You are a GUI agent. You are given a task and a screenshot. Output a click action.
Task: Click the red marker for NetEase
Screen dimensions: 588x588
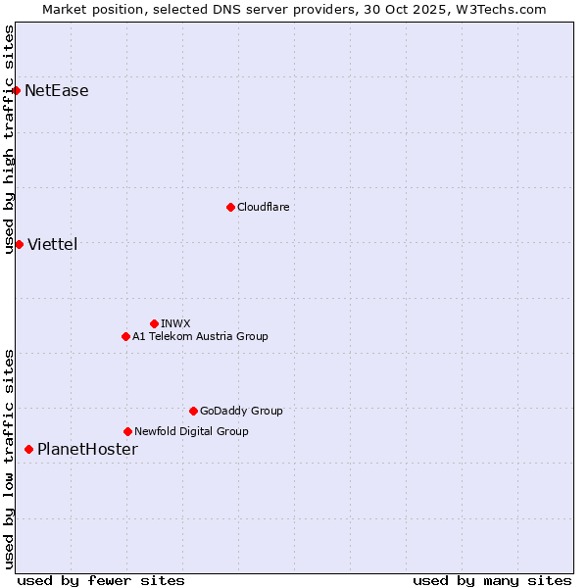click(x=16, y=91)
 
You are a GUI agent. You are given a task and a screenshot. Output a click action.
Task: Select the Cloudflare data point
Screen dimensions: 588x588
click(x=230, y=207)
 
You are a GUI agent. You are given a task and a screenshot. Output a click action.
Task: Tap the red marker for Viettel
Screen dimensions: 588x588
click(x=19, y=244)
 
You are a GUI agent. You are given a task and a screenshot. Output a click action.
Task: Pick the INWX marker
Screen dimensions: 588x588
click(x=154, y=323)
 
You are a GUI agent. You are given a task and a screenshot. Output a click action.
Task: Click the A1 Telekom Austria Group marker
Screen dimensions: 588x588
click(x=125, y=336)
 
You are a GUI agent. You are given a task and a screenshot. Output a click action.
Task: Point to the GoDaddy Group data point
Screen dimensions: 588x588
click(x=193, y=411)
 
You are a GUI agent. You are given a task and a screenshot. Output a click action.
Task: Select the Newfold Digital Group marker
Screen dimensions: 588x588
click(x=127, y=431)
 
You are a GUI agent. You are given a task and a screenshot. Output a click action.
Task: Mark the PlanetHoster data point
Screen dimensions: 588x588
click(x=28, y=450)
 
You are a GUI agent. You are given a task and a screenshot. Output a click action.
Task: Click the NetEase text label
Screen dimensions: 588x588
click(x=57, y=91)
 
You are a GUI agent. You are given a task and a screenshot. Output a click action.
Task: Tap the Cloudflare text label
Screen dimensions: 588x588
click(x=264, y=207)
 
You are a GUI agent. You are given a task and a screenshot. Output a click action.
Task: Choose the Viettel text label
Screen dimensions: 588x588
click(x=53, y=244)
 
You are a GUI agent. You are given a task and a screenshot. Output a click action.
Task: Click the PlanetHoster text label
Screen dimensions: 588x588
click(x=87, y=450)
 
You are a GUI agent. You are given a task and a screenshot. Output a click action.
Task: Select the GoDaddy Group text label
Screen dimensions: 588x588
click(x=241, y=411)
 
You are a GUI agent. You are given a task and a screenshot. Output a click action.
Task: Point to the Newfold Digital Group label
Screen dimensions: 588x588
click(x=191, y=431)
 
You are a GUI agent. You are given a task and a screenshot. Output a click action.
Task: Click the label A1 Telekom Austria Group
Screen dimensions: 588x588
click(x=200, y=336)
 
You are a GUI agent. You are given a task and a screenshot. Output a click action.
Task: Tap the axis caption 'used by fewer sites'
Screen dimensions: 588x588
click(x=101, y=580)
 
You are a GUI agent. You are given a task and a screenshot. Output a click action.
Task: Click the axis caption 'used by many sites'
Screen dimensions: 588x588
click(x=492, y=580)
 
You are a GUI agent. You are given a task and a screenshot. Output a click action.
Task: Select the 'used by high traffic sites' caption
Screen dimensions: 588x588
click(x=9, y=139)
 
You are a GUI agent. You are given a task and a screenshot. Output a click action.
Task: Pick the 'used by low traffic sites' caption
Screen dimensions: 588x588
click(x=9, y=458)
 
